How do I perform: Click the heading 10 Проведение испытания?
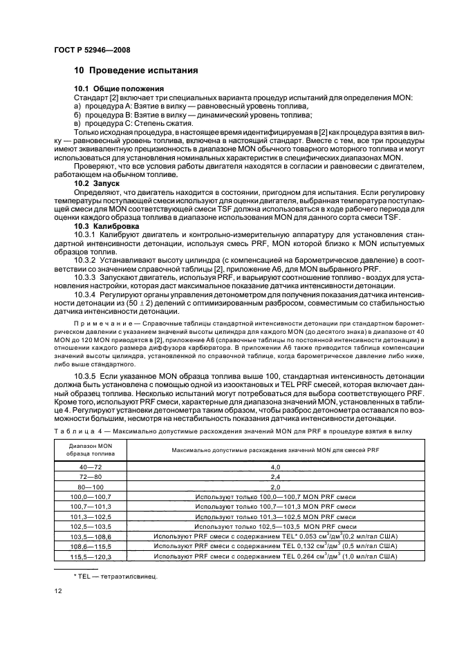pyautogui.click(x=136, y=71)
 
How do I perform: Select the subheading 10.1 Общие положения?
pyautogui.click(x=119, y=89)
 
